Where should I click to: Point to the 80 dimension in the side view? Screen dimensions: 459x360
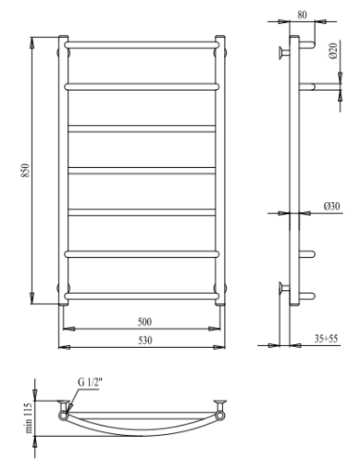tap(303, 15)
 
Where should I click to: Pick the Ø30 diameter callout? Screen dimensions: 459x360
tap(332, 207)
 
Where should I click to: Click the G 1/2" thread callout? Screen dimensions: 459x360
tap(91, 386)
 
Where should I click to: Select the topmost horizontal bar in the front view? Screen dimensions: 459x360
tap(142, 43)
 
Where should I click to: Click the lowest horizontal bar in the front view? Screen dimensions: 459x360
tap(142, 294)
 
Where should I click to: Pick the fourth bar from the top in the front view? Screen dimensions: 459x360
tap(142, 169)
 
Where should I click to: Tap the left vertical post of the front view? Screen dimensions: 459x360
tap(63, 174)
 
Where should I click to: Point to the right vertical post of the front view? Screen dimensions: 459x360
tap(221, 174)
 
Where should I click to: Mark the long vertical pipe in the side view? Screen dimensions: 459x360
tap(294, 174)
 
